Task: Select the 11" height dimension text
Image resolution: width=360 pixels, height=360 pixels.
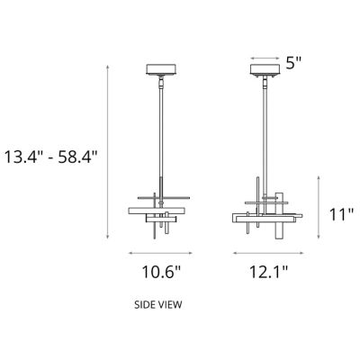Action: pyautogui.click(x=339, y=214)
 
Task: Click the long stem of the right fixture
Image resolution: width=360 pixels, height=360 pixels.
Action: pyautogui.click(x=265, y=135)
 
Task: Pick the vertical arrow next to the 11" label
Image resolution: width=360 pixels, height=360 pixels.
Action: pyautogui.click(x=317, y=208)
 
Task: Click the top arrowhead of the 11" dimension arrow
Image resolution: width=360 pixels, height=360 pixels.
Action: pyautogui.click(x=317, y=178)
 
